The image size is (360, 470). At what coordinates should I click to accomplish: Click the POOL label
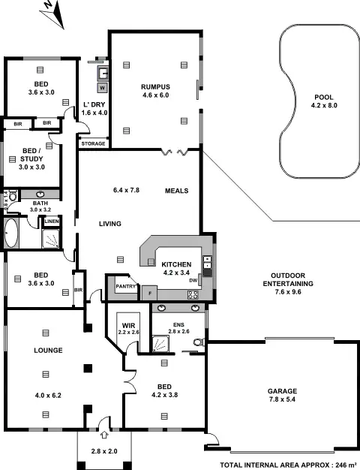coord(323,98)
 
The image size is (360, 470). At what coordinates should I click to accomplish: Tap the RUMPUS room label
coord(156,87)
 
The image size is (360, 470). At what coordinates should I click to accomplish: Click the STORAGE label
coord(93,143)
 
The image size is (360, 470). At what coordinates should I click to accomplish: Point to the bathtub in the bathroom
coord(11,233)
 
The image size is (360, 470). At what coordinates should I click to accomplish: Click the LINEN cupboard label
coord(51,221)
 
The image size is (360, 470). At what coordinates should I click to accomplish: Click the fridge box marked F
coord(150,292)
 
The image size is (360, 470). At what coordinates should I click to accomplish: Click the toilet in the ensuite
coord(197,342)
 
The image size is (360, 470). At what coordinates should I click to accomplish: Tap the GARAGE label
coord(283,391)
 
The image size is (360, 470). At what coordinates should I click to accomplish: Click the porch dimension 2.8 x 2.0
coord(103,450)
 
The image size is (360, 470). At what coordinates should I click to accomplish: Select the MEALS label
coord(176,191)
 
